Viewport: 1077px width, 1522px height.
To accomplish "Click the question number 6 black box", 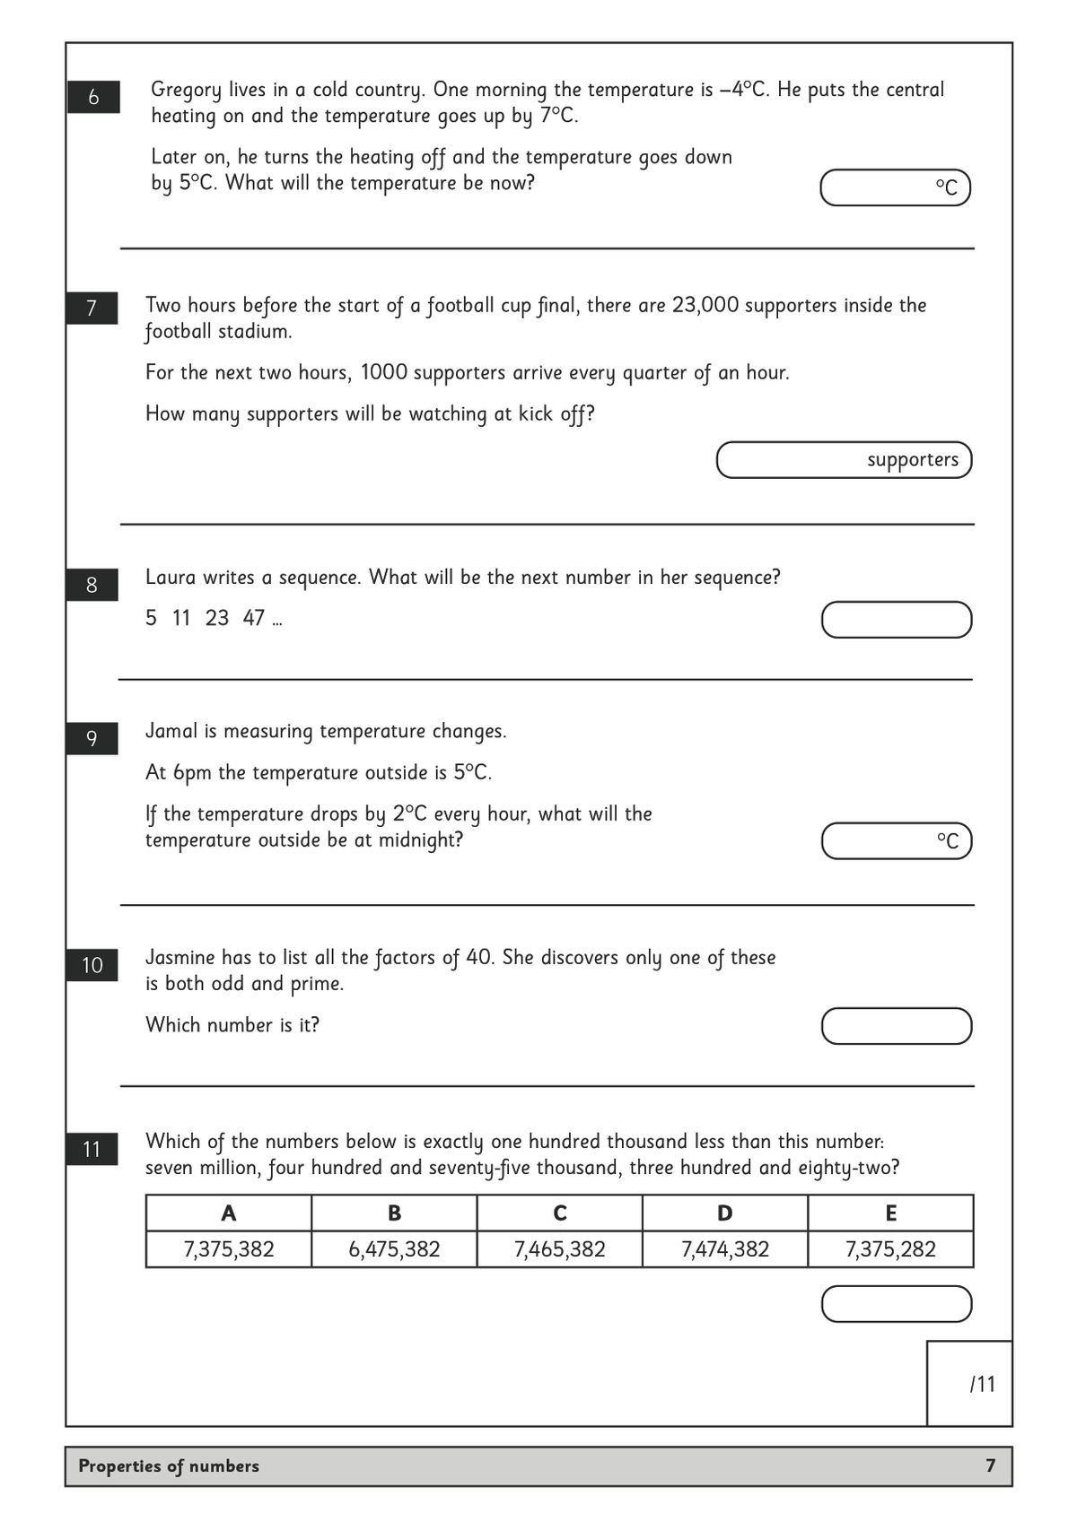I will tap(93, 97).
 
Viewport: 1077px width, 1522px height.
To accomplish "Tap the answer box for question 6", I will tap(895, 187).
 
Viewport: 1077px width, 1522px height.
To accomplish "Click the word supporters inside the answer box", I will tap(912, 460).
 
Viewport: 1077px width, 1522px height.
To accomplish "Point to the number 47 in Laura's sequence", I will tap(253, 618).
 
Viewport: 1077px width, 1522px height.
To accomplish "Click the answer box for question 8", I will tap(896, 620).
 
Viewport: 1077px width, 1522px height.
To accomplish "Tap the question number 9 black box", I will tap(92, 738).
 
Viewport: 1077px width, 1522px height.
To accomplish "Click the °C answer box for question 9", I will tap(896, 841).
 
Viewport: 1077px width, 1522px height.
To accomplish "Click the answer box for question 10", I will tap(896, 1026).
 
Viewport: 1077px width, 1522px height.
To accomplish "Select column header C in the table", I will tap(559, 1213).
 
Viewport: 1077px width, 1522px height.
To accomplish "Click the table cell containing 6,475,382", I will tap(394, 1249).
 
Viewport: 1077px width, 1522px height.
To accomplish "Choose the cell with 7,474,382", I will tap(724, 1249).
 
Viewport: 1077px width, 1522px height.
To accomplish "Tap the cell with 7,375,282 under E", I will tap(890, 1249).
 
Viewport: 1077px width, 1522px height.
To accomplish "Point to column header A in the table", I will tap(229, 1213).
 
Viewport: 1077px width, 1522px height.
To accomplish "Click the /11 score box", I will tap(970, 1384).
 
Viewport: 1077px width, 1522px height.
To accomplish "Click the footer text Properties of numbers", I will tap(169, 1466).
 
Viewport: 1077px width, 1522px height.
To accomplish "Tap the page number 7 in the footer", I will tap(990, 1466).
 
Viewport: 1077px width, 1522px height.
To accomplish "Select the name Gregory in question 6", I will tap(186, 90).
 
